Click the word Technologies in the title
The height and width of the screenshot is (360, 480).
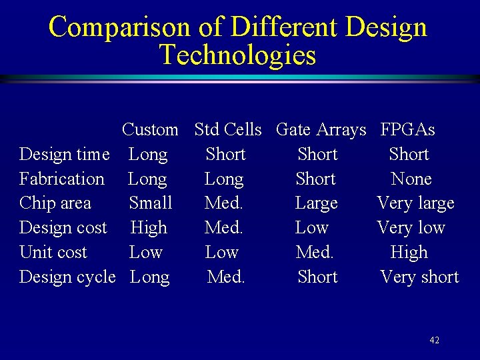pyautogui.click(x=237, y=55)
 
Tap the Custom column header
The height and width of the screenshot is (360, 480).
pyautogui.click(x=150, y=129)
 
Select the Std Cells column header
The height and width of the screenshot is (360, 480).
pyautogui.click(x=227, y=129)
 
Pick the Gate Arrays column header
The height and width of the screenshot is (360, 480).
pyautogui.click(x=321, y=129)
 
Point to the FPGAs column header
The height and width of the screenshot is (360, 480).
pyautogui.click(x=407, y=129)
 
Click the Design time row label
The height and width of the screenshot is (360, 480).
pyautogui.click(x=64, y=155)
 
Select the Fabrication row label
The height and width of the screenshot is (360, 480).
pyautogui.click(x=62, y=179)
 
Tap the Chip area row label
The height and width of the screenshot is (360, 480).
pyautogui.click(x=55, y=203)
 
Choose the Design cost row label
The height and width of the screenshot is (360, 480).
pyautogui.click(x=63, y=228)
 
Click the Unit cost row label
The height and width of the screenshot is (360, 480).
pyautogui.click(x=53, y=253)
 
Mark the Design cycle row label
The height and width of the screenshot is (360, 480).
pyautogui.click(x=67, y=277)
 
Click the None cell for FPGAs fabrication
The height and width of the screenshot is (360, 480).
pyautogui.click(x=411, y=179)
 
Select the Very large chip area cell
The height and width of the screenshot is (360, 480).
pyautogui.click(x=415, y=203)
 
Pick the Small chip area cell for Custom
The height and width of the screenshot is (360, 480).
pyautogui.click(x=150, y=203)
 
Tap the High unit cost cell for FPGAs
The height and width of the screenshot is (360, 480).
pyautogui.click(x=409, y=253)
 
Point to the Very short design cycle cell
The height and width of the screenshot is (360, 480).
pyautogui.click(x=419, y=277)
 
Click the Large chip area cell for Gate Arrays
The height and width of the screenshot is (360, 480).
pyautogui.click(x=316, y=203)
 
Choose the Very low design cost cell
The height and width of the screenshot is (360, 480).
pyautogui.click(x=411, y=228)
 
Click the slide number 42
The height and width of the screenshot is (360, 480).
pyautogui.click(x=434, y=341)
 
